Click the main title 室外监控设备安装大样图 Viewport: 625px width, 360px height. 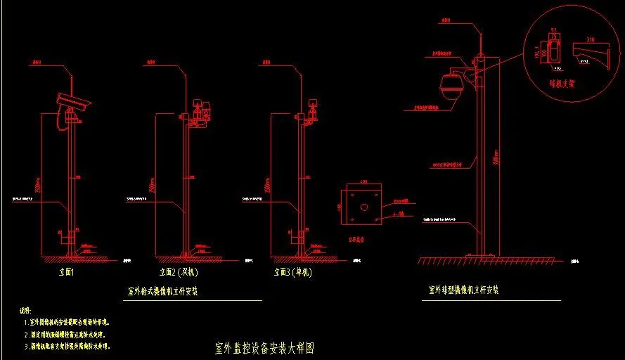pos(263,348)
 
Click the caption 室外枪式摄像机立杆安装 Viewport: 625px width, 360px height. pos(162,291)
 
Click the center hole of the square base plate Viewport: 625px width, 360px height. pos(364,207)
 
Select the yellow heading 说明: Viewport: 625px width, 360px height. pos(25,310)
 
